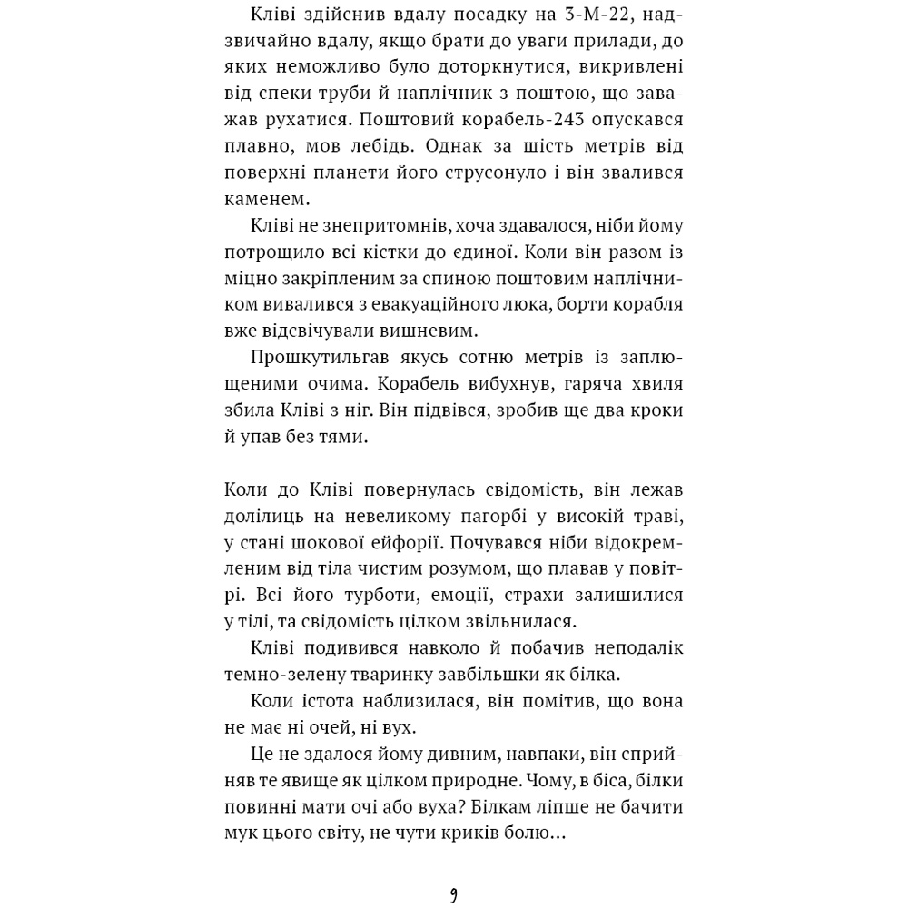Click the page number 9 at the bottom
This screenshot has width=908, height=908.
coord(453,895)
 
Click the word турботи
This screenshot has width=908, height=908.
coord(350,595)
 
